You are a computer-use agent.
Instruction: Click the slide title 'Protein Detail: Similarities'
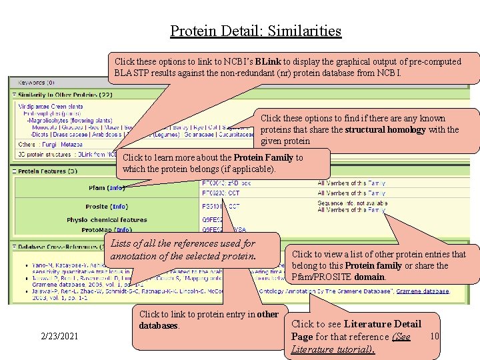click(x=255, y=31)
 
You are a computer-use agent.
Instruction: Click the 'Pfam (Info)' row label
click(x=107, y=188)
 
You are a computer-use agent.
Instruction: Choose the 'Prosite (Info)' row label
click(x=106, y=207)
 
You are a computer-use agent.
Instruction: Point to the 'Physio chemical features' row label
click(x=107, y=220)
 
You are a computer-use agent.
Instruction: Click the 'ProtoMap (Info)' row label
click(x=107, y=230)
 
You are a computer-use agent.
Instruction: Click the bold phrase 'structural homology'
click(x=385, y=129)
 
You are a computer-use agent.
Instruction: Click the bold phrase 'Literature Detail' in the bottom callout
click(x=383, y=324)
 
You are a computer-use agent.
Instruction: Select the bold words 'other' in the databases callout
click(x=267, y=314)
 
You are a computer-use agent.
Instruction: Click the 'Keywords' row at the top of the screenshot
click(x=33, y=83)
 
